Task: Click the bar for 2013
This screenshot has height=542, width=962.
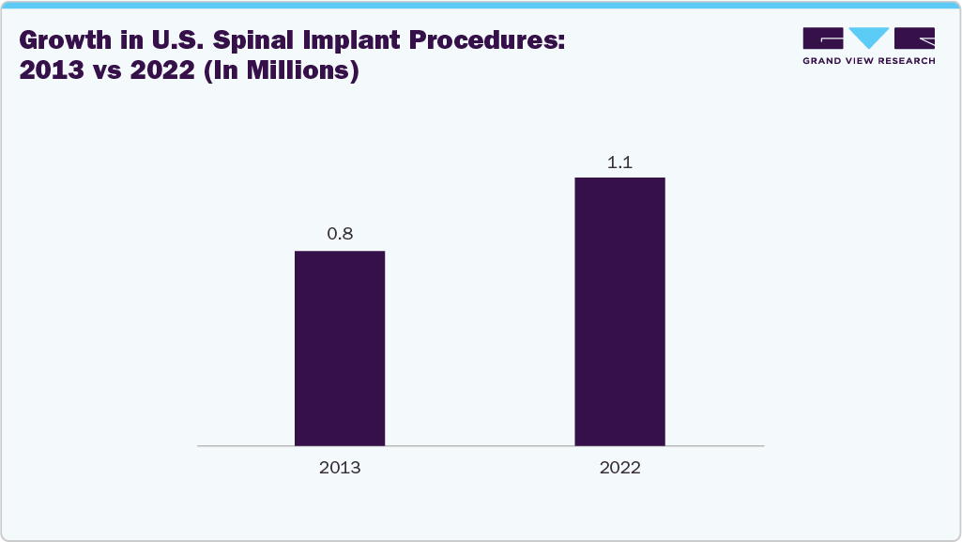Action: pyautogui.click(x=340, y=348)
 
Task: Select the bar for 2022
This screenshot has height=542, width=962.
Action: pyautogui.click(x=619, y=311)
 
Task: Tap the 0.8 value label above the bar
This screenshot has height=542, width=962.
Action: pyautogui.click(x=340, y=234)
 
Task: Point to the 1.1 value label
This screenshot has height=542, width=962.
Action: pyautogui.click(x=619, y=162)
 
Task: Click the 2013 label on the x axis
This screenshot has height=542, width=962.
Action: pyautogui.click(x=340, y=467)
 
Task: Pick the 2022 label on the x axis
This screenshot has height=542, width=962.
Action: pyautogui.click(x=619, y=467)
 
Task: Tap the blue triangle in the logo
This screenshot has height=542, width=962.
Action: pyautogui.click(x=868, y=38)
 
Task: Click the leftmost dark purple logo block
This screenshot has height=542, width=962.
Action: pyautogui.click(x=823, y=38)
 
